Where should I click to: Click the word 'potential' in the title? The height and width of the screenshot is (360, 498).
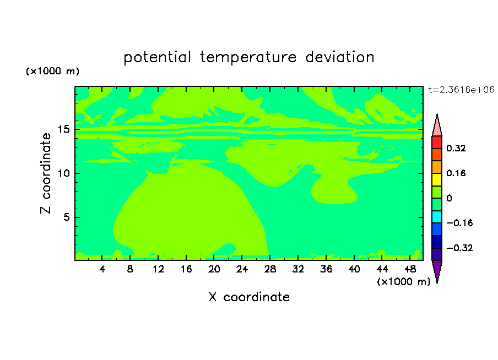pyautogui.click(x=157, y=58)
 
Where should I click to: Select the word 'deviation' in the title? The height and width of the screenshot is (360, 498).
pyautogui.click(x=340, y=57)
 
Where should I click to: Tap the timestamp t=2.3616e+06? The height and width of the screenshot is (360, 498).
pyautogui.click(x=461, y=90)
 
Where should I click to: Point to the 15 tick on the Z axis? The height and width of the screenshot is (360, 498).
pyautogui.click(x=63, y=129)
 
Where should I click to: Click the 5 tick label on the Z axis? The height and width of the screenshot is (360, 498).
pyautogui.click(x=66, y=217)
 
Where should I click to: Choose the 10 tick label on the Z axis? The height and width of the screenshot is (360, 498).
pyautogui.click(x=63, y=173)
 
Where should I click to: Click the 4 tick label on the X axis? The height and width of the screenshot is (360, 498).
pyautogui.click(x=102, y=269)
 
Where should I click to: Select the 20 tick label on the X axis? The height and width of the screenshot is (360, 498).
pyautogui.click(x=214, y=269)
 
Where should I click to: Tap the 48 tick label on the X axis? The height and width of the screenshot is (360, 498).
pyautogui.click(x=410, y=269)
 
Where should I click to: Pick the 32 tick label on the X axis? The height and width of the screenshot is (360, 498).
pyautogui.click(x=298, y=269)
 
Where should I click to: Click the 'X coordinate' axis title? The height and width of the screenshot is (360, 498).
pyautogui.click(x=249, y=297)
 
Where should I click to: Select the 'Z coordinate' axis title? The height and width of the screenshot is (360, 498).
pyautogui.click(x=45, y=173)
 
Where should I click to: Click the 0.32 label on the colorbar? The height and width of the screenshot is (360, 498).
pyautogui.click(x=456, y=148)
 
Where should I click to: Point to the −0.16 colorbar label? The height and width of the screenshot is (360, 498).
pyautogui.click(x=459, y=223)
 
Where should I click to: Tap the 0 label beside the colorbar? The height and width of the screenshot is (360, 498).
pyautogui.click(x=449, y=198)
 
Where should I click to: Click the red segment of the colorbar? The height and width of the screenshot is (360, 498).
pyautogui.click(x=437, y=142)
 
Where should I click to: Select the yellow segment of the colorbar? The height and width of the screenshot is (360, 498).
pyautogui.click(x=437, y=179)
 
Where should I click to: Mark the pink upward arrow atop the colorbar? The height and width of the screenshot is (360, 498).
pyautogui.click(x=437, y=125)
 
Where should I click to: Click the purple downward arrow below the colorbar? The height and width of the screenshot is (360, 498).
pyautogui.click(x=437, y=271)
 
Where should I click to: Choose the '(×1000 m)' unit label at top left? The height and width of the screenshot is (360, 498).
pyautogui.click(x=52, y=71)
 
